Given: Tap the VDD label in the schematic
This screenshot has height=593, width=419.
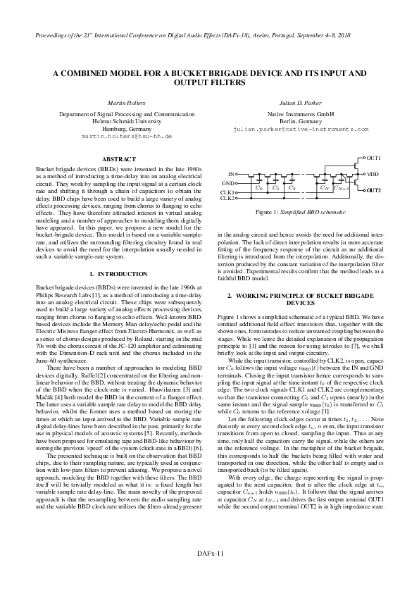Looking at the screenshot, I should pyautogui.click(x=373, y=173).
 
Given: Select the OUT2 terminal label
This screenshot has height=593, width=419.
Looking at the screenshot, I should pyautogui.click(x=374, y=191).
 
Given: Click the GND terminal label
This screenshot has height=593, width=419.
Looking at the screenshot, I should pyautogui.click(x=228, y=183).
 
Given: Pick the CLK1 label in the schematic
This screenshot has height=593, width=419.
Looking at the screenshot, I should pyautogui.click(x=227, y=192).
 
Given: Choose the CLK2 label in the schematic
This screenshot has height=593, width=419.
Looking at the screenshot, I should pyautogui.click(x=227, y=199).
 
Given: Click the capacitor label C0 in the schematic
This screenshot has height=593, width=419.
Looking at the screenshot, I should pyautogui.click(x=259, y=188).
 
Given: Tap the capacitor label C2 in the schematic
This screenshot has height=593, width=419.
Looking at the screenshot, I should pyautogui.click(x=292, y=188).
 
